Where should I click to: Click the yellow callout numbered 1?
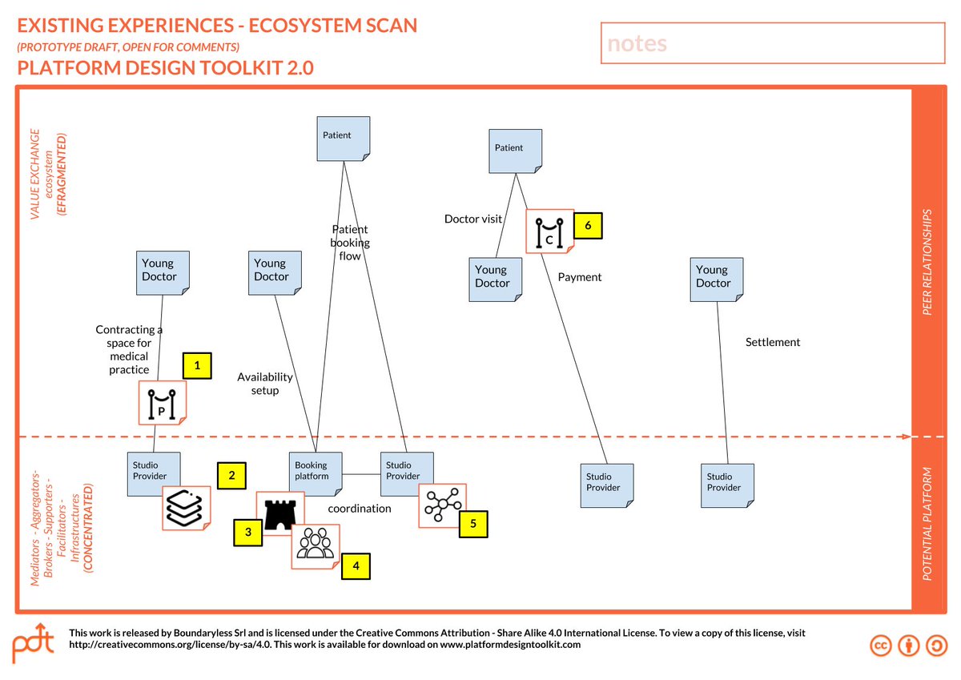(x=197, y=366)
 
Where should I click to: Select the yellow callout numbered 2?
(x=231, y=475)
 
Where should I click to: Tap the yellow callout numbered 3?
(x=248, y=532)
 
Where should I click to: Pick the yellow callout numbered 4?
(x=356, y=566)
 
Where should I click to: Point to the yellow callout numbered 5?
(x=473, y=524)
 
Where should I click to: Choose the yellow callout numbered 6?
(x=587, y=226)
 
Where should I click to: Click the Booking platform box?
(x=316, y=477)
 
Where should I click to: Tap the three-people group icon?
(x=315, y=545)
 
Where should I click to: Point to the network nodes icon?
(x=442, y=505)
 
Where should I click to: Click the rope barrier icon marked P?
(x=163, y=403)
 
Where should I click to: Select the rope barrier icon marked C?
(x=549, y=231)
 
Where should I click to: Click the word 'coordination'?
(x=360, y=509)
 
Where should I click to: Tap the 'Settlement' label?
(x=773, y=342)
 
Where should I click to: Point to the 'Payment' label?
(x=580, y=277)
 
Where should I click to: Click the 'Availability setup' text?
(x=265, y=384)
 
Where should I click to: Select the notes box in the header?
(x=773, y=43)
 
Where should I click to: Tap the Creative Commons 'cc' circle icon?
(x=882, y=646)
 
